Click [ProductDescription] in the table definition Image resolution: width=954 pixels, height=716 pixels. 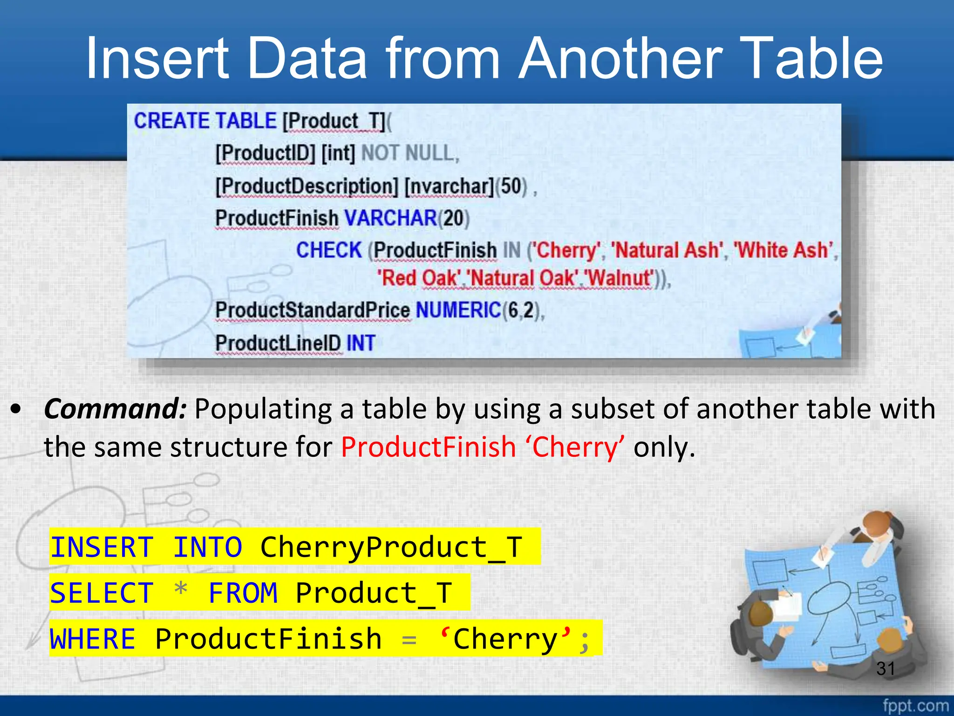click(x=307, y=186)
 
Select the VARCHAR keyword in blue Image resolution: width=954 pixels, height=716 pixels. click(x=390, y=218)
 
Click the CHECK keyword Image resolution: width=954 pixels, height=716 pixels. click(x=329, y=250)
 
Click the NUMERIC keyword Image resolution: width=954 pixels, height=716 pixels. click(x=458, y=310)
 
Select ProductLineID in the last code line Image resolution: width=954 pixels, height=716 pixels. click(x=278, y=343)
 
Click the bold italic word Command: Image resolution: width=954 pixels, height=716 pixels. click(x=116, y=409)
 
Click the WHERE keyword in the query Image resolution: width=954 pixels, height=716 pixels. click(x=92, y=639)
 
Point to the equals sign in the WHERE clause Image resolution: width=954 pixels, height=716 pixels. click(x=409, y=640)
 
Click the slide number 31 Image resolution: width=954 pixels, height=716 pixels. click(x=885, y=668)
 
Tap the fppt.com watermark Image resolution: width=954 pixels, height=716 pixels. click(x=915, y=706)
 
